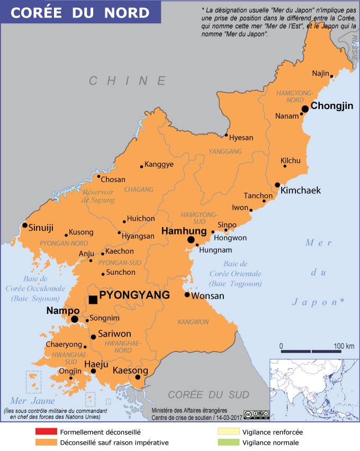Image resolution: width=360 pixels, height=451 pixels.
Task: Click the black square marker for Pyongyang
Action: [x=93, y=300]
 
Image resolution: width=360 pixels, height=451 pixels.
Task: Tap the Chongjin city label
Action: [x=331, y=106]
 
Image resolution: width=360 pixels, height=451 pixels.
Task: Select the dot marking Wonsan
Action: [x=187, y=295]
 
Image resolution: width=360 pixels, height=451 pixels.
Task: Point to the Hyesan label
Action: [x=241, y=138]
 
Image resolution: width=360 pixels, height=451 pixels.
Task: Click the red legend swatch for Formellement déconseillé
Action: [x=46, y=432]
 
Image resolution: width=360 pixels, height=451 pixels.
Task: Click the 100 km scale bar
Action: [x=311, y=350]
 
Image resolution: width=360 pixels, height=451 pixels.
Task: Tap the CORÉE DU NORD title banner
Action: [x=80, y=12]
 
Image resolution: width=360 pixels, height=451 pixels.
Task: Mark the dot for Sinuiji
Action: [x=24, y=226]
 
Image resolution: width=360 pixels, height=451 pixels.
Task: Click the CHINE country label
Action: [x=128, y=80]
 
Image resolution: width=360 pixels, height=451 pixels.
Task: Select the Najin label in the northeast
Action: [x=320, y=73]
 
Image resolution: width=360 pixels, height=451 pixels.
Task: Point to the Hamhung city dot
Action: [x=191, y=240]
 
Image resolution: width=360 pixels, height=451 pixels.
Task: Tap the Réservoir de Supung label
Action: [x=98, y=196]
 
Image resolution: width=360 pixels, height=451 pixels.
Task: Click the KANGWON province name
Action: [x=193, y=322]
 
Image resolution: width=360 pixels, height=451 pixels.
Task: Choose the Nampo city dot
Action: [x=75, y=319]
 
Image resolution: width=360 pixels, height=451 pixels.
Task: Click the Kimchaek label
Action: [x=300, y=191]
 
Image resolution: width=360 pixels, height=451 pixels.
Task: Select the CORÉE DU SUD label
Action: [x=208, y=394]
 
